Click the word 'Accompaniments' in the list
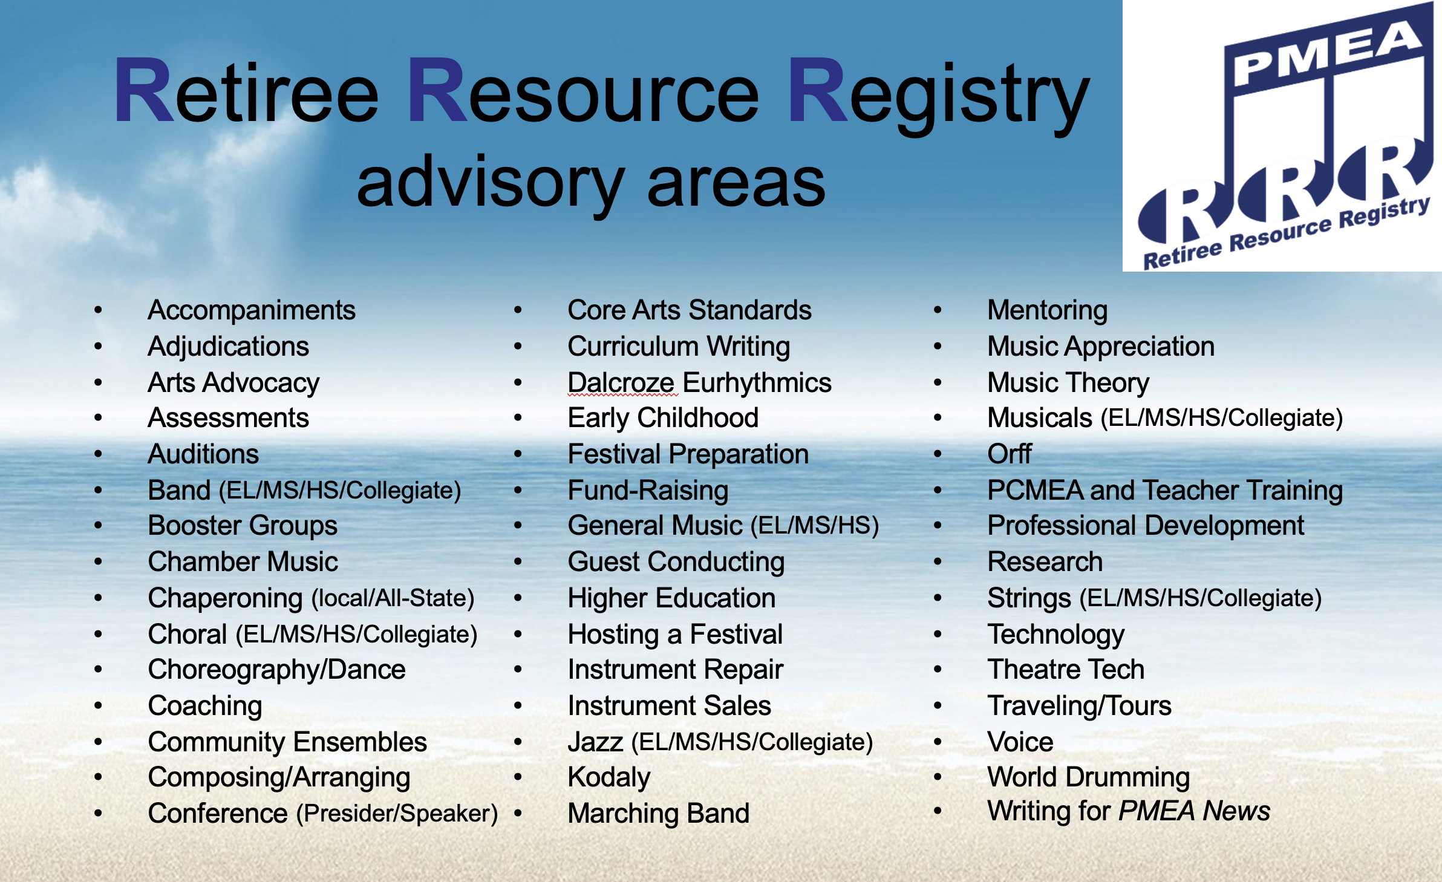(252, 311)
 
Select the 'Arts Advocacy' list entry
(233, 384)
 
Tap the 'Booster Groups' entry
(243, 526)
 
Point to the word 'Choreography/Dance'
(276, 670)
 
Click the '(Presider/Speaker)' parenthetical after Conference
(397, 814)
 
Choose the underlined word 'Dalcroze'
(621, 383)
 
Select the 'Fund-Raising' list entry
(648, 491)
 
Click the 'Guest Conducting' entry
(676, 563)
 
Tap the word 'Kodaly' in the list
(609, 778)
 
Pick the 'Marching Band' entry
(659, 814)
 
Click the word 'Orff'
(1010, 454)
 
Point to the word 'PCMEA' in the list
(1035, 490)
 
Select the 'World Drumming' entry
(1089, 778)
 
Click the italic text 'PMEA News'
(1195, 811)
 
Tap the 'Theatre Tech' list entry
(1066, 670)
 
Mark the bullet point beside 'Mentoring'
(938, 310)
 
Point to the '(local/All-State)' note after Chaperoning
(393, 598)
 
